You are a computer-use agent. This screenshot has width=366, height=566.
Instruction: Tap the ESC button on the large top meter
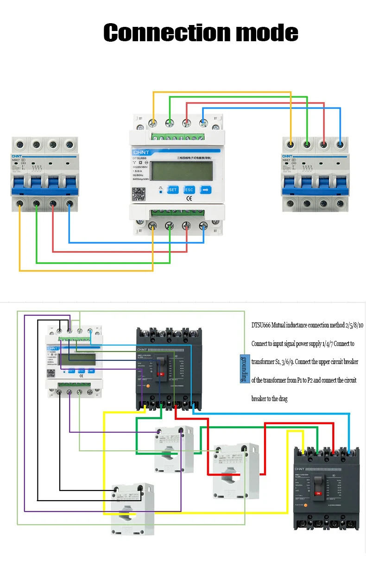[x=189, y=189]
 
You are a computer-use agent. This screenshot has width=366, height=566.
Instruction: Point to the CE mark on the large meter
[x=189, y=200]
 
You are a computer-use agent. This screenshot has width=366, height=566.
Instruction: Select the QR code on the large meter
[x=142, y=193]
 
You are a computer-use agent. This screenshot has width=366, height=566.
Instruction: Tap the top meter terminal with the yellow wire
[x=152, y=123]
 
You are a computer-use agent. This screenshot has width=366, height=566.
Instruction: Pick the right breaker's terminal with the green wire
[x=307, y=145]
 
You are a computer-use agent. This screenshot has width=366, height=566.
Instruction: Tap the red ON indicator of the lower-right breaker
[x=318, y=493]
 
